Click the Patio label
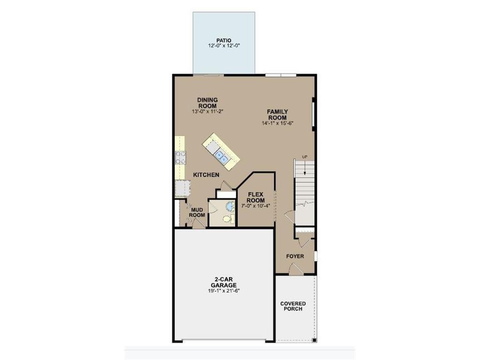click(224, 40)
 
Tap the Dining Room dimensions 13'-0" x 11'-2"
click(208, 112)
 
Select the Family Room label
click(277, 115)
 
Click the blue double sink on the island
click(222, 156)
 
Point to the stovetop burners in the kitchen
click(180, 158)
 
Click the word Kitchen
click(206, 175)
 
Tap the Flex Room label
click(256, 197)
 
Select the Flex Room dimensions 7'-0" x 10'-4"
click(255, 206)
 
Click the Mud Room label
click(197, 212)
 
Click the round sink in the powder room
click(229, 206)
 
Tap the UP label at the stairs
click(305, 157)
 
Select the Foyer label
click(295, 256)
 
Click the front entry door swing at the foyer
click(296, 269)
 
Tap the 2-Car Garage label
click(224, 282)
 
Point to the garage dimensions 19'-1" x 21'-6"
click(224, 291)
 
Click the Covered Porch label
click(293, 306)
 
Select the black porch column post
click(314, 340)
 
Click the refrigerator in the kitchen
click(182, 188)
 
